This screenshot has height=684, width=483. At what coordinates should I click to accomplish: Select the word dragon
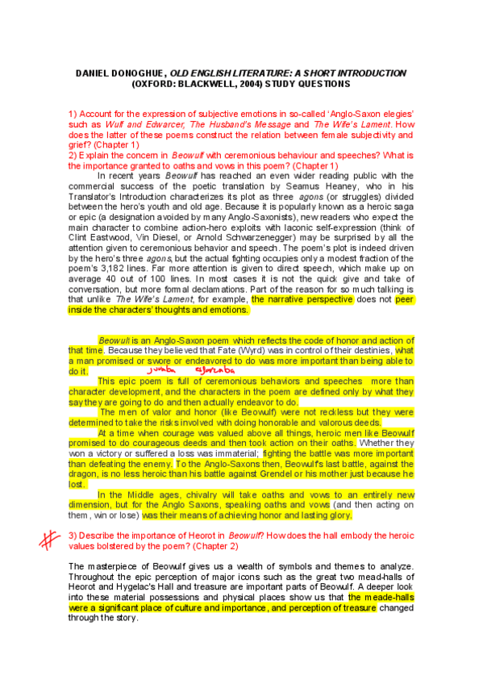[85, 474]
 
